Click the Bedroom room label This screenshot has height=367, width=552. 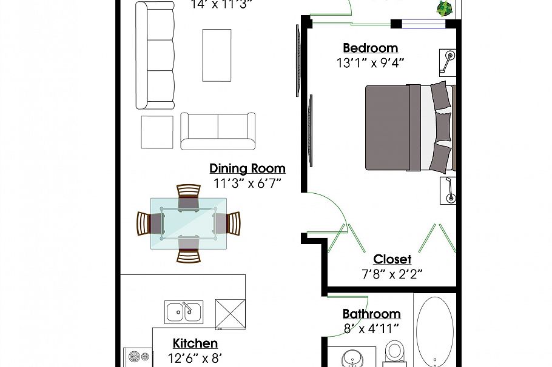[370, 48]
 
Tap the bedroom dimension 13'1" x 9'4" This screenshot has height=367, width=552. [370, 62]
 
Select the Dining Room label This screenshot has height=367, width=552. [247, 168]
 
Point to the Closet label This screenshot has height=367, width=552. [392, 259]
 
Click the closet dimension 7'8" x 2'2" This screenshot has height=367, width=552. [392, 274]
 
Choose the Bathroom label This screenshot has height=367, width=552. [371, 314]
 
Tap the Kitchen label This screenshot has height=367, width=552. [195, 343]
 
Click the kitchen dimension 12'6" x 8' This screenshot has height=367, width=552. [195, 358]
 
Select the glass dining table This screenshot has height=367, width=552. [189, 223]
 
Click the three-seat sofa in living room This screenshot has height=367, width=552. [155, 56]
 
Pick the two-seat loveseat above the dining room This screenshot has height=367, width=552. [218, 131]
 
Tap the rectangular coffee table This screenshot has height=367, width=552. [217, 55]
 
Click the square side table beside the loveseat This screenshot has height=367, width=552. [157, 131]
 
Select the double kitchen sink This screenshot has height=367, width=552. [184, 312]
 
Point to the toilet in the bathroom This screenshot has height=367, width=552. [395, 351]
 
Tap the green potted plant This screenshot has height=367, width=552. [445, 8]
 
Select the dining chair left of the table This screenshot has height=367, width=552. [147, 223]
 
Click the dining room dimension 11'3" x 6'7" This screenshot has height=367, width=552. [247, 183]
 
